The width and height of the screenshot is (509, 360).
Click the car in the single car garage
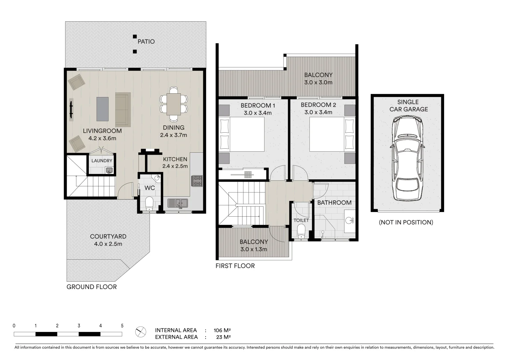click(407, 159)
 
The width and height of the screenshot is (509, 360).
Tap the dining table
click(174, 104)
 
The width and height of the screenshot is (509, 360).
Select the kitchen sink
click(178, 203)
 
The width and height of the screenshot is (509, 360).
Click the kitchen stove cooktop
click(197, 181)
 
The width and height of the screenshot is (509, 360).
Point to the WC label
click(150, 188)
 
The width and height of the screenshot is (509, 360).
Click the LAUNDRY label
click(102, 161)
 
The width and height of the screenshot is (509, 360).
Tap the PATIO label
click(146, 42)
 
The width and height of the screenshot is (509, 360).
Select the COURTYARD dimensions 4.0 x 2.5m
click(108, 244)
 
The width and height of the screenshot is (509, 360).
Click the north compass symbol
click(141, 332)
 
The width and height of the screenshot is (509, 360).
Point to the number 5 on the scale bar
click(122, 326)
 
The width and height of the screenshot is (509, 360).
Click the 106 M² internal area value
click(222, 330)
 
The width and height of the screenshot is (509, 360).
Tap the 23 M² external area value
click(224, 337)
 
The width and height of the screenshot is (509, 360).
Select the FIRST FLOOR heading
click(235, 266)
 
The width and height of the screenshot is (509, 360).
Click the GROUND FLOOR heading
click(92, 287)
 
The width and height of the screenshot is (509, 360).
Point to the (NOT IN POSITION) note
click(406, 222)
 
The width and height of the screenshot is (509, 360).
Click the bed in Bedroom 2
click(332, 134)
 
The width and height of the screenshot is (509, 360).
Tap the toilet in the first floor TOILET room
click(301, 231)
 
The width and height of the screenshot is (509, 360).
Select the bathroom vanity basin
click(349, 220)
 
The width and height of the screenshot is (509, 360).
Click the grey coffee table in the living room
click(103, 109)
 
